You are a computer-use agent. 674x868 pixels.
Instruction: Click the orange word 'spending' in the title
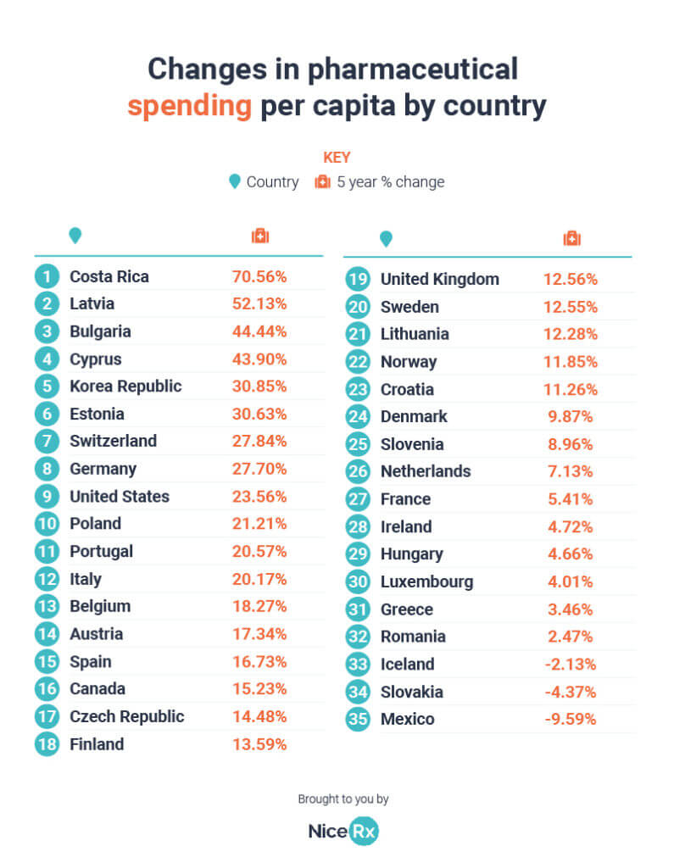click(x=189, y=107)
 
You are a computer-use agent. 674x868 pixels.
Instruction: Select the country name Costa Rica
click(x=109, y=276)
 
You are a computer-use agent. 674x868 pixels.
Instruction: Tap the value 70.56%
click(x=259, y=276)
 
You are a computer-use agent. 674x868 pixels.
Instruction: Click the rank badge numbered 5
click(x=47, y=387)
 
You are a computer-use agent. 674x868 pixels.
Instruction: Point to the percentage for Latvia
click(x=259, y=303)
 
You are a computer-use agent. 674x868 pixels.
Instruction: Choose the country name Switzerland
click(x=113, y=441)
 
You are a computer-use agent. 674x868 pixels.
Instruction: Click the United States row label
click(x=119, y=496)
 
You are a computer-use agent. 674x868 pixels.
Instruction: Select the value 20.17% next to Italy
click(x=259, y=579)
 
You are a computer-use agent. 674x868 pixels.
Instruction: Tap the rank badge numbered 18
click(x=47, y=744)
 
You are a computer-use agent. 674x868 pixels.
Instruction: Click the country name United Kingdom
click(x=439, y=279)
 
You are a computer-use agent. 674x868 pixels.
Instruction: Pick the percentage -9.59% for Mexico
click(x=570, y=719)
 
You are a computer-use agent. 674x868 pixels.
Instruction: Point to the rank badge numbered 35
click(x=358, y=719)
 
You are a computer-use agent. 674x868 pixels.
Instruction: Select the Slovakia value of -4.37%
click(x=570, y=692)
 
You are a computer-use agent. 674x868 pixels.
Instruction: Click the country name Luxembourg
click(x=426, y=581)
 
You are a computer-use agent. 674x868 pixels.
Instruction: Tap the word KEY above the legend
click(x=337, y=158)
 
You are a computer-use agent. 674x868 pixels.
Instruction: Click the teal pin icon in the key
click(x=234, y=181)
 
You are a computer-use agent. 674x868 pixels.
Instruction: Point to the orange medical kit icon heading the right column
click(x=571, y=239)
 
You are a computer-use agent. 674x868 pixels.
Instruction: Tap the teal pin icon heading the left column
click(x=75, y=236)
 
